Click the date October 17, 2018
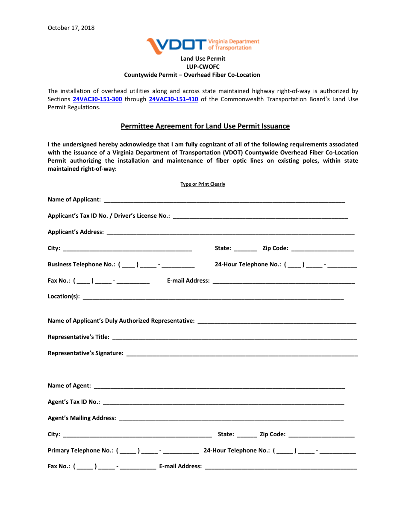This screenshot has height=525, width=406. pyautogui.click(x=71, y=28)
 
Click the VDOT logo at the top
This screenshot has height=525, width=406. pyautogui.click(x=203, y=44)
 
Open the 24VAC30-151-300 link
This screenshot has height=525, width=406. pyautogui.click(x=97, y=99)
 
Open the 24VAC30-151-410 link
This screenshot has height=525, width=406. pyautogui.click(x=174, y=99)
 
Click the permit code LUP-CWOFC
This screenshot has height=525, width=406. pyautogui.click(x=203, y=67)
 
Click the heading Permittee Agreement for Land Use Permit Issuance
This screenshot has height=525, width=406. pyautogui.click(x=205, y=126)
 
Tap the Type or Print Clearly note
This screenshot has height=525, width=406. pyautogui.click(x=203, y=184)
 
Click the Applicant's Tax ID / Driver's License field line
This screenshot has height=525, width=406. pyautogui.click(x=260, y=216)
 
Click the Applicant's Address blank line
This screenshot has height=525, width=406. pyautogui.click(x=230, y=232)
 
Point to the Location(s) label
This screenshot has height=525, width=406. pyautogui.click(x=64, y=297)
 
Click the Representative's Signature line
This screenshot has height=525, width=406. pyautogui.click(x=242, y=353)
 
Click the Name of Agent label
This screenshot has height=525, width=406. pyautogui.click(x=69, y=386)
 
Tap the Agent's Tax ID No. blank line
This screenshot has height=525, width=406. pyautogui.click(x=224, y=402)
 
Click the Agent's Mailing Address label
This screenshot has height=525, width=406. pyautogui.click(x=82, y=418)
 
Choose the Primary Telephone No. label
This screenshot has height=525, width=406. pyautogui.click(x=80, y=451)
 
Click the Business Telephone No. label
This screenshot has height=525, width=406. pyautogui.click(x=81, y=265)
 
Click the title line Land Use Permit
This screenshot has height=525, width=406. pyautogui.click(x=203, y=58)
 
